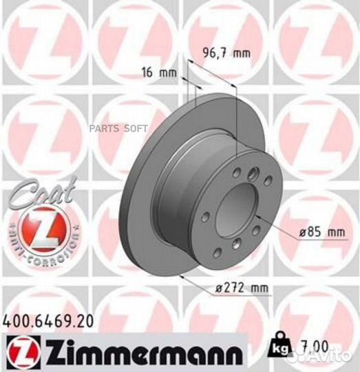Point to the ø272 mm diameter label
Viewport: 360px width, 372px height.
[228, 288]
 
